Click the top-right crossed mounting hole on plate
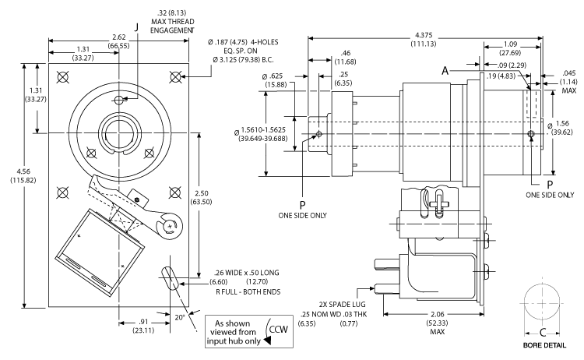pyautogui.click(x=176, y=76)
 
